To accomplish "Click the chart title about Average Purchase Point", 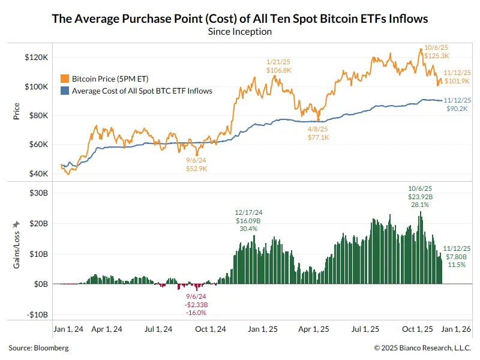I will (240, 19).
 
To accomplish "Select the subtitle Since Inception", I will (240, 31).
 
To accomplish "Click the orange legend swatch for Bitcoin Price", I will (65, 79).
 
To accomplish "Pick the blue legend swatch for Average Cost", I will (65, 91).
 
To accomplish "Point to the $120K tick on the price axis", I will (35, 58).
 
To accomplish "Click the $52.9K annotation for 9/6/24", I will (196, 169).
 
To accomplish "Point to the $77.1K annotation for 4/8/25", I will (317, 137).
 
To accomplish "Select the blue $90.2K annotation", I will (458, 109).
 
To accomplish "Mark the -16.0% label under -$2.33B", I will (196, 312).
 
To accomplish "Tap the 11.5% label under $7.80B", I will (457, 265).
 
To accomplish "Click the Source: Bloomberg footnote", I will (38, 347).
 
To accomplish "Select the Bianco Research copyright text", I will (422, 347).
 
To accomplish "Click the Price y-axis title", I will (16, 112).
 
